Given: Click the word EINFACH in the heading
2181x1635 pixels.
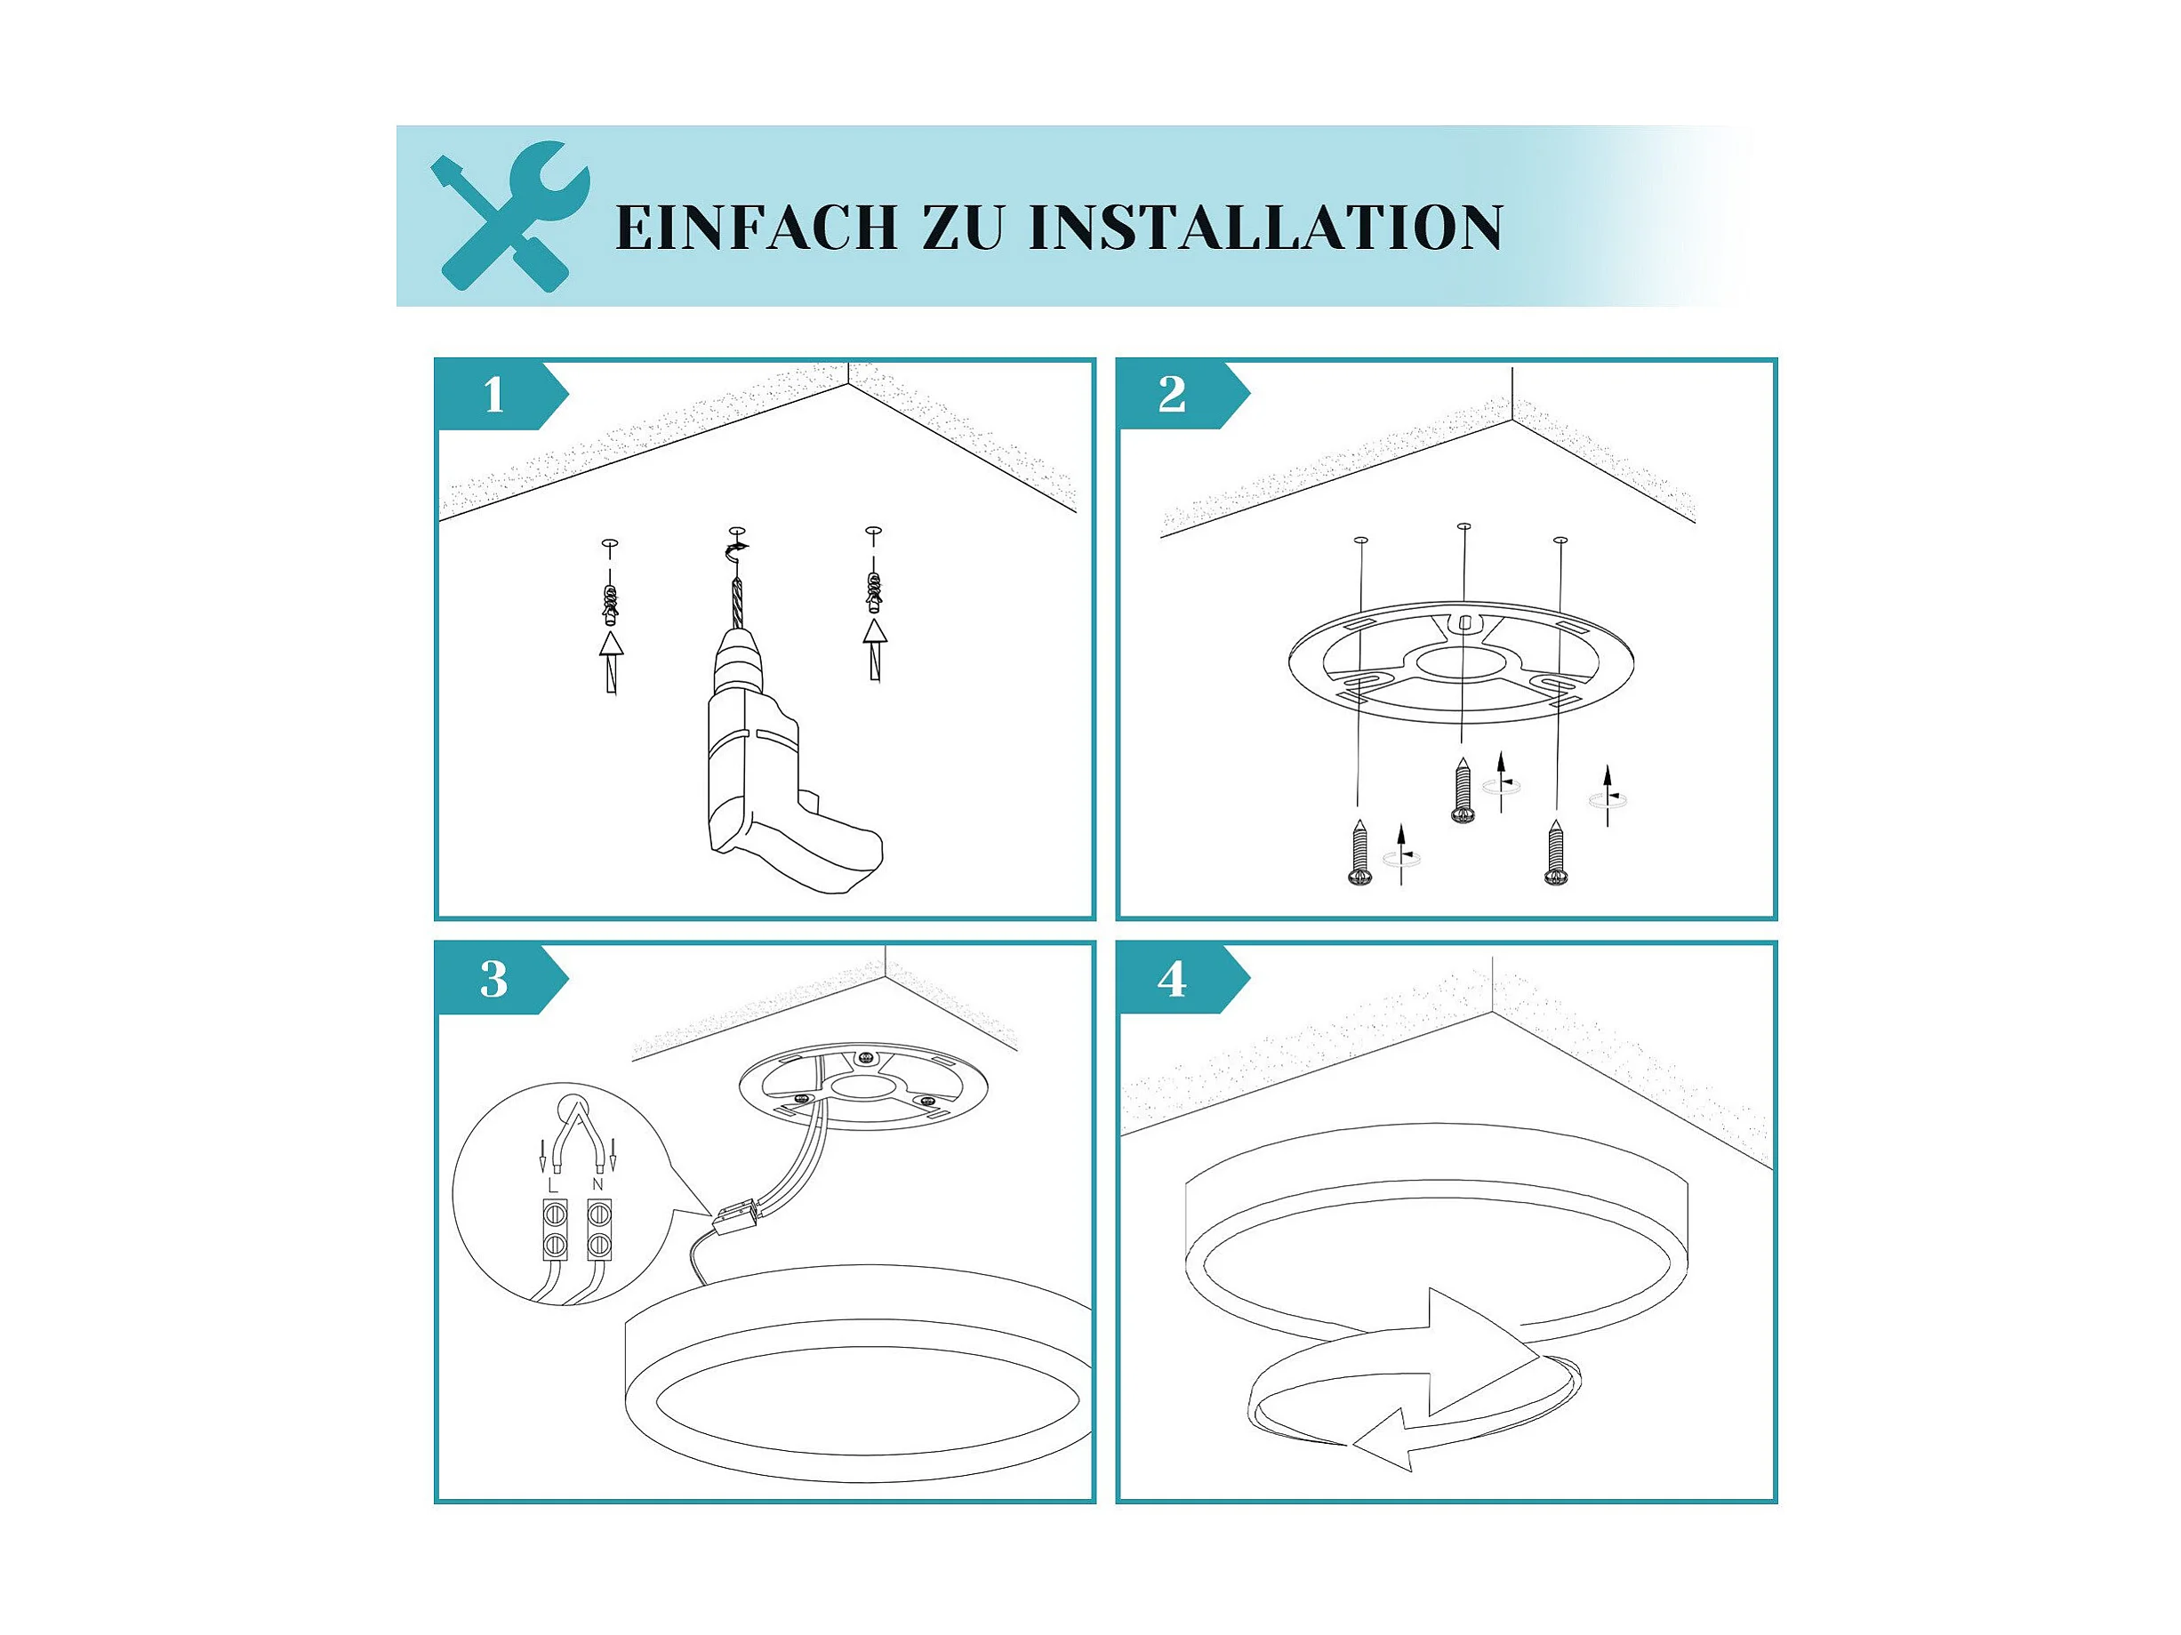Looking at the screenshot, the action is pyautogui.click(x=757, y=228).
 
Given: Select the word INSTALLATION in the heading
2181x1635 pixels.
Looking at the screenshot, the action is pyautogui.click(x=1265, y=228).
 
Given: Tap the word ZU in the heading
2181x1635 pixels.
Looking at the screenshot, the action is pyautogui.click(x=962, y=228).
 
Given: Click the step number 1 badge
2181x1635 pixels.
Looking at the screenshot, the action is pyautogui.click(x=501, y=396).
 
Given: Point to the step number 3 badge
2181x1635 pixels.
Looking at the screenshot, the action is pyautogui.click(x=501, y=979).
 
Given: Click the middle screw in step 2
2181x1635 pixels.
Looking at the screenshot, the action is pyautogui.click(x=1463, y=789).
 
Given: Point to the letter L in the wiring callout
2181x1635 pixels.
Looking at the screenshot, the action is pyautogui.click(x=554, y=1182).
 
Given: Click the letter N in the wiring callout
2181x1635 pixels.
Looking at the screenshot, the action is pyautogui.click(x=597, y=1182).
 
